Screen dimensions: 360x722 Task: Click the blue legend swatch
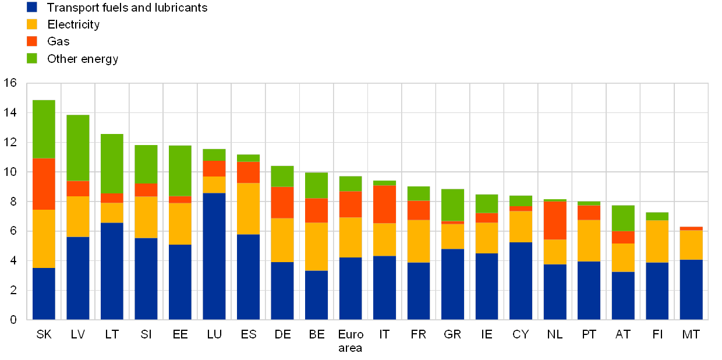pyautogui.click(x=32, y=7)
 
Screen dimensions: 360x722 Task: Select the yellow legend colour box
pyautogui.click(x=32, y=24)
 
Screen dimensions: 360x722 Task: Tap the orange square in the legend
pyautogui.click(x=32, y=41)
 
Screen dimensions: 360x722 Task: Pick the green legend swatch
pyautogui.click(x=32, y=58)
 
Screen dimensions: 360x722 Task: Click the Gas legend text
pyautogui.click(x=58, y=41)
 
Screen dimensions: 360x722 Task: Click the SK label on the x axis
pyautogui.click(x=44, y=334)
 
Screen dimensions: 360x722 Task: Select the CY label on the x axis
pyautogui.click(x=521, y=334)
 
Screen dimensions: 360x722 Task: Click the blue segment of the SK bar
pyautogui.click(x=44, y=294)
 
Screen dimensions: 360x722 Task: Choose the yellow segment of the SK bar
pyautogui.click(x=44, y=238)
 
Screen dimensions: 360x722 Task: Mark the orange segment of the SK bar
pyautogui.click(x=44, y=183)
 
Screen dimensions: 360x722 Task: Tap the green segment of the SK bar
pyautogui.click(x=44, y=129)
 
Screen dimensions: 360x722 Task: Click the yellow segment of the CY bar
pyautogui.click(x=521, y=227)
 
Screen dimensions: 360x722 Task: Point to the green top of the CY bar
pyautogui.click(x=521, y=200)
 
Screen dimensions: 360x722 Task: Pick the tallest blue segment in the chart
pyautogui.click(x=214, y=256)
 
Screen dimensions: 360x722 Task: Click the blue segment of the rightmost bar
pyautogui.click(x=691, y=290)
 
